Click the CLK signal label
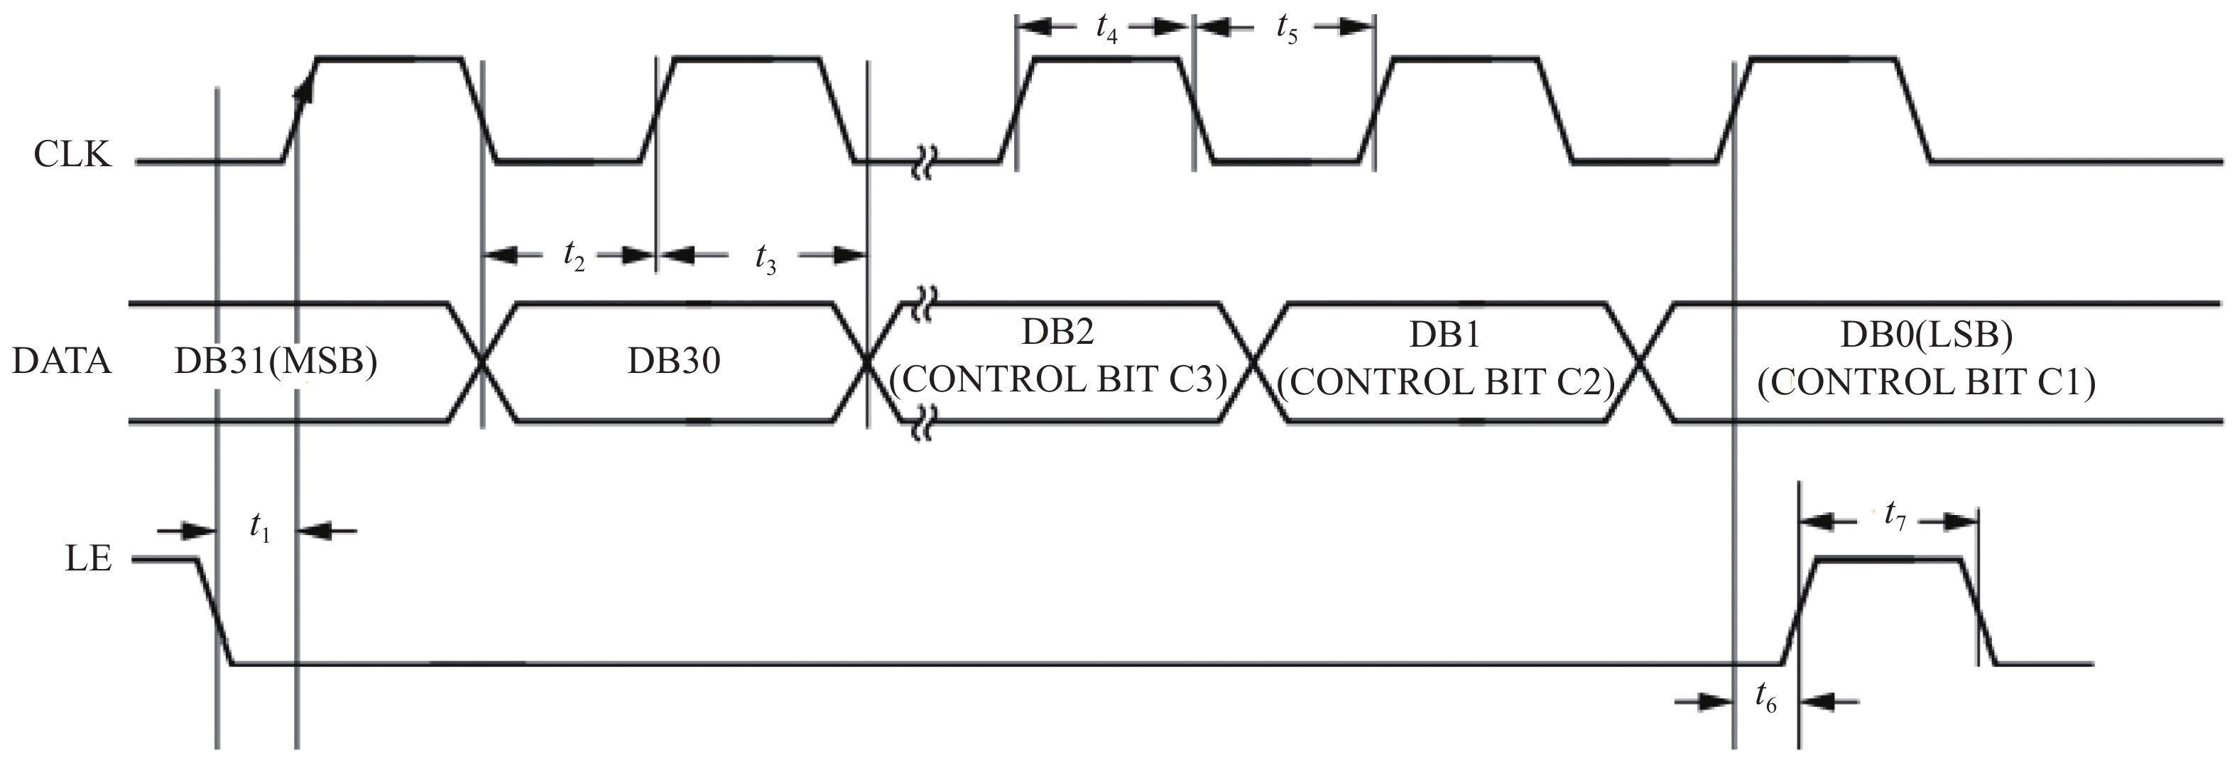point(73,155)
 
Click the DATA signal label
point(62,360)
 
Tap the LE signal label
point(89,558)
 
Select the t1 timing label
point(260,527)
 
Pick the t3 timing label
point(765,258)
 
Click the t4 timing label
point(1106,28)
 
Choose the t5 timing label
point(1287,28)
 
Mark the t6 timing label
point(1766,696)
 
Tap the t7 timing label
point(1895,516)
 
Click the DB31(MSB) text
point(276,361)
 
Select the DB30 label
point(674,360)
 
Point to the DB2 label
point(1057,332)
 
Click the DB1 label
point(1444,335)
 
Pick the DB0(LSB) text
point(1927,335)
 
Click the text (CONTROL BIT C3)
point(1059,379)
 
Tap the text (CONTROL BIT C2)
point(1446,382)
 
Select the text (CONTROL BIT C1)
point(1927,382)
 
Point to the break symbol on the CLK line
point(922,161)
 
